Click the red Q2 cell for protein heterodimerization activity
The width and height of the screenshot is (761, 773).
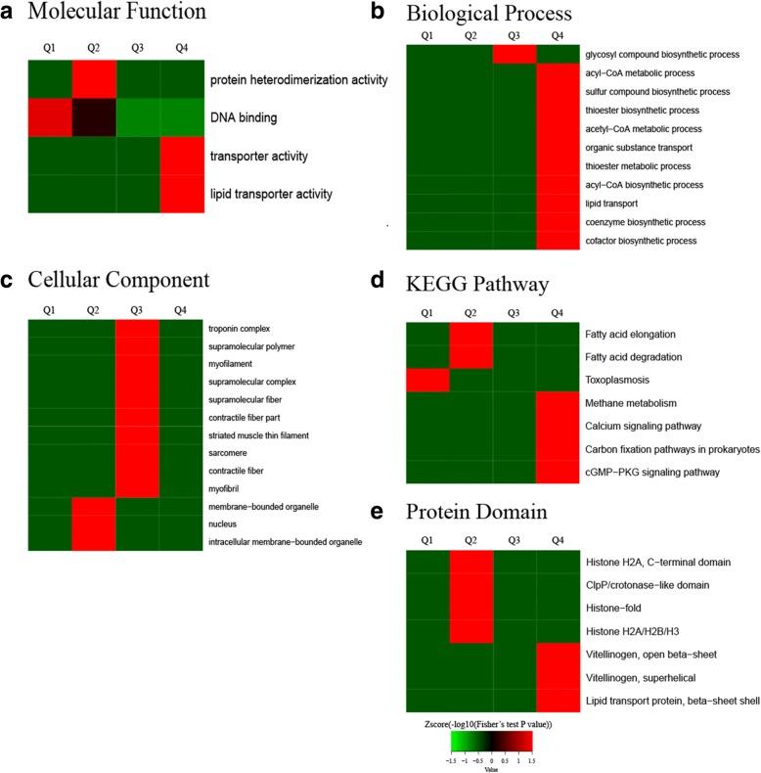click(93, 78)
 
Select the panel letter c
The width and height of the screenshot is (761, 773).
click(8, 280)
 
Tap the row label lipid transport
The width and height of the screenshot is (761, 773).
click(611, 204)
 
